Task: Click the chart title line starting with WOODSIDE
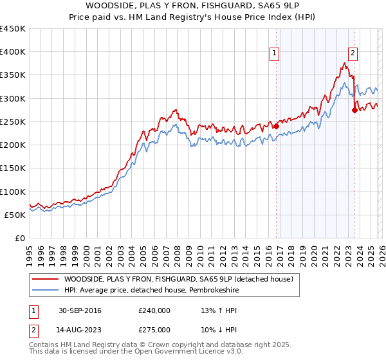[192, 6]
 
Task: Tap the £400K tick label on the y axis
[13, 52]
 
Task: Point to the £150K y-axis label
[13, 168]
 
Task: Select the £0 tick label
[21, 239]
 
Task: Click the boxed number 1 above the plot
[275, 54]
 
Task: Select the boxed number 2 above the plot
[353, 54]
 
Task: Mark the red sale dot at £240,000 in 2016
[276, 127]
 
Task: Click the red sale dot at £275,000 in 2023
[354, 110]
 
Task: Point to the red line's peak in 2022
[345, 63]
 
